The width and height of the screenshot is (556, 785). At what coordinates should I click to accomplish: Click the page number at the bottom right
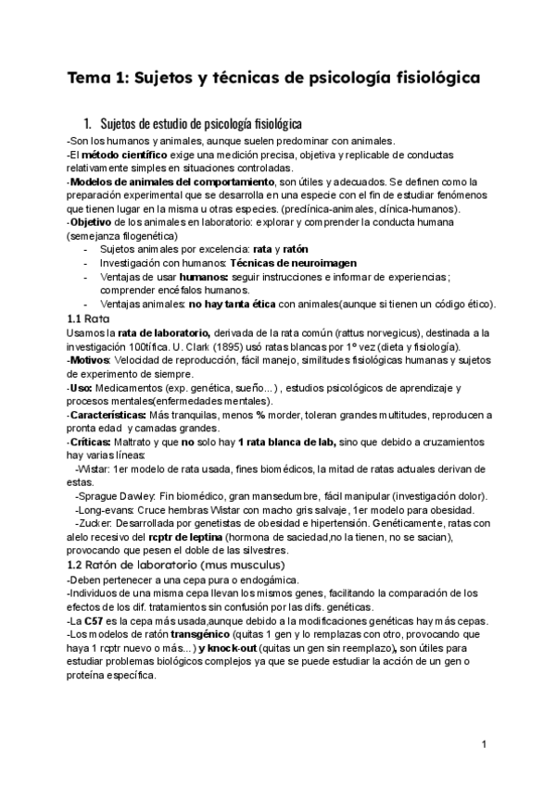[x=485, y=744]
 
